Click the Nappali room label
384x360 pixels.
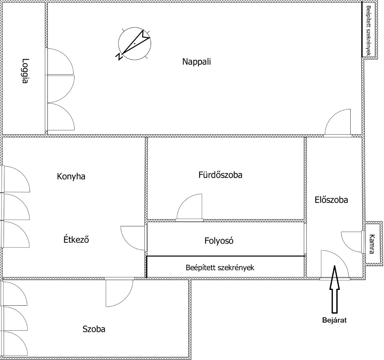click(x=197, y=62)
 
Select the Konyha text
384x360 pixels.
click(x=71, y=176)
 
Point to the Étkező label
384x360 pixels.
click(x=76, y=239)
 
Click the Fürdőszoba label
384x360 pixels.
click(x=220, y=175)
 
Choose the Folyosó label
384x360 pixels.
click(x=219, y=241)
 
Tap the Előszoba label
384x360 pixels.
click(x=331, y=200)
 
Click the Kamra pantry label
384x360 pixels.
click(x=372, y=244)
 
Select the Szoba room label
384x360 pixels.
click(x=94, y=329)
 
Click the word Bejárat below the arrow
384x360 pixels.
click(x=334, y=320)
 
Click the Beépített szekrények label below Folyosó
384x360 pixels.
click(x=220, y=267)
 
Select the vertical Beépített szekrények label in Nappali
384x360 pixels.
click(x=369, y=31)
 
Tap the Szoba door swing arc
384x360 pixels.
click(x=119, y=293)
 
